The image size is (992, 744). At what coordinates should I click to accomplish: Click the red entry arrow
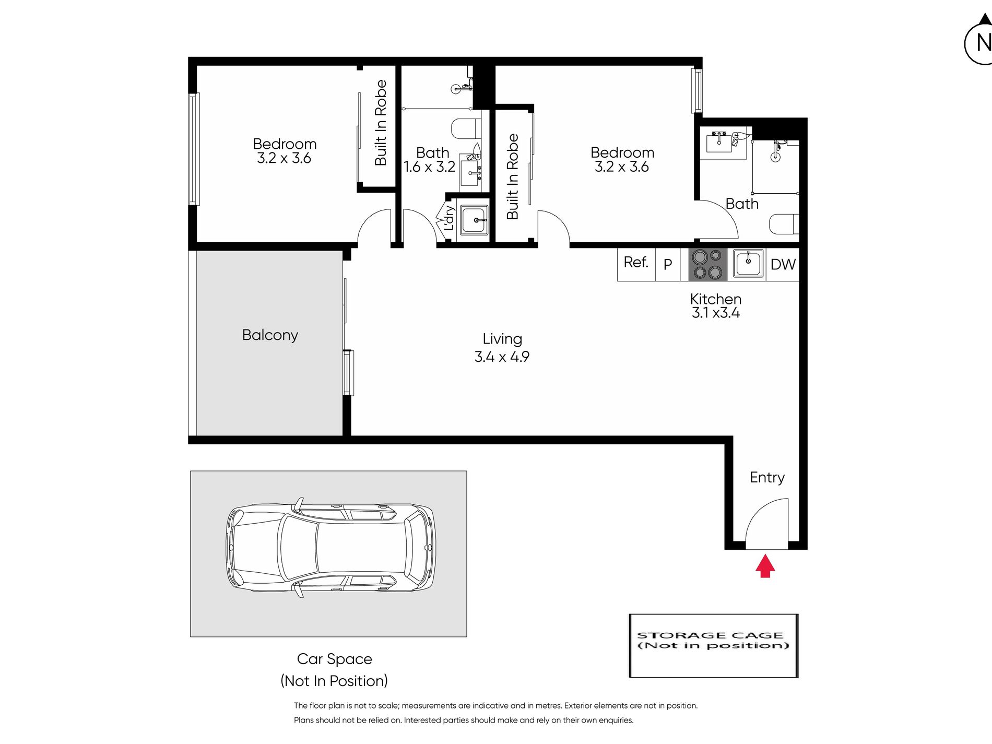click(x=765, y=566)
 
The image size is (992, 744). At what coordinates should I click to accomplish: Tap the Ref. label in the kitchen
click(x=636, y=262)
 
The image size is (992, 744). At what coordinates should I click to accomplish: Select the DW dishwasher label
click(x=783, y=265)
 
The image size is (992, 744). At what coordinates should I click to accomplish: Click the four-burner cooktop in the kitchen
click(x=707, y=265)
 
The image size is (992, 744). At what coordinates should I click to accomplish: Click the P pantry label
click(x=668, y=265)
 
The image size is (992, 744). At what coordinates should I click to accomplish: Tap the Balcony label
click(x=270, y=335)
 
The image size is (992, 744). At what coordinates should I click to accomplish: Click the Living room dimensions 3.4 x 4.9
click(x=502, y=357)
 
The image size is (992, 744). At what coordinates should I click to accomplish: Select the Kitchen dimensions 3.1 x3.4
click(x=716, y=313)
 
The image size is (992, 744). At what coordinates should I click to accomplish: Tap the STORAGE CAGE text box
click(x=714, y=646)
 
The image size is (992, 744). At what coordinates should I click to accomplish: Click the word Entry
click(x=767, y=478)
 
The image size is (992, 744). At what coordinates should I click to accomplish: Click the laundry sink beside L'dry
click(x=474, y=220)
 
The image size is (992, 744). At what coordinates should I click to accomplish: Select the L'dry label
click(x=449, y=218)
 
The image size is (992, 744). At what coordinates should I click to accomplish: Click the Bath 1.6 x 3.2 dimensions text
click(x=429, y=167)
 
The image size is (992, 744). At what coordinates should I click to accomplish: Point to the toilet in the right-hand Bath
click(x=784, y=225)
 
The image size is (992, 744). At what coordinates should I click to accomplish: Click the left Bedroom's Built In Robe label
click(x=381, y=123)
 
